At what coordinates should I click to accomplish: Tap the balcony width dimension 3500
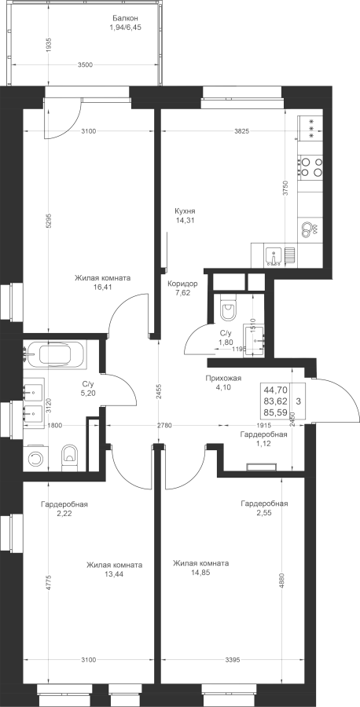coord(85,64)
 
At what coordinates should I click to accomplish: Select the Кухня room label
coord(185,211)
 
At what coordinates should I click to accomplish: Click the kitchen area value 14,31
coord(185,220)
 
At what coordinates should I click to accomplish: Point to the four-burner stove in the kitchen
coord(311,166)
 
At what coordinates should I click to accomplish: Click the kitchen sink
coord(274,256)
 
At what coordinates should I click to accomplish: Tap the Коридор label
coord(182,284)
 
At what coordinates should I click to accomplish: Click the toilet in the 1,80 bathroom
coord(228,309)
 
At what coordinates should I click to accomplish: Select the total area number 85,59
coord(278,412)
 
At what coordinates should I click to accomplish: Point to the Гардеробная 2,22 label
coord(64,508)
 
